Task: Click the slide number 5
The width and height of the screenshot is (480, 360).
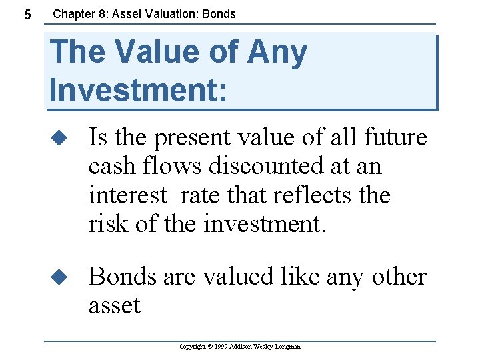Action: pyautogui.click(x=26, y=14)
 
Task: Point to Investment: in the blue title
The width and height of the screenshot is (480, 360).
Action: pyautogui.click(x=138, y=89)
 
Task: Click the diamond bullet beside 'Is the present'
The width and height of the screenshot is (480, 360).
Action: pyautogui.click(x=61, y=138)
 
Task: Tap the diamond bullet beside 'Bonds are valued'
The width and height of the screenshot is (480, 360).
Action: pyautogui.click(x=61, y=277)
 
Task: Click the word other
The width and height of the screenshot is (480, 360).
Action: pyautogui.click(x=396, y=277)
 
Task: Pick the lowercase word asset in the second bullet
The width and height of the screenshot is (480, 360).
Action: pyautogui.click(x=114, y=305)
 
